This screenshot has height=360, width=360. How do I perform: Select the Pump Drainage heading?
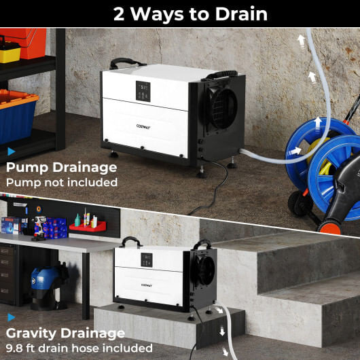tap(61, 167)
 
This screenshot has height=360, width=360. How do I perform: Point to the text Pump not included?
tap(61, 182)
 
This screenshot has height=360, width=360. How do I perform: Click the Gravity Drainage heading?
tap(65, 333)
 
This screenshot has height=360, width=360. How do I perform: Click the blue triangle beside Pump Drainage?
tap(11, 151)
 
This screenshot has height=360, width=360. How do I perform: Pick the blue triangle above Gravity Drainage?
tap(11, 317)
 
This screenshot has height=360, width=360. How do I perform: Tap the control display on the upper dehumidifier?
tap(143, 92)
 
